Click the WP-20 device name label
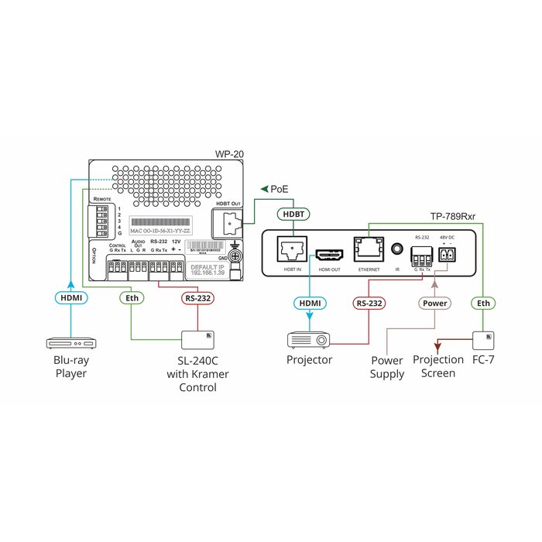230,154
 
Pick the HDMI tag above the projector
310,304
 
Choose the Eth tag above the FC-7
483,304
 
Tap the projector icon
310,340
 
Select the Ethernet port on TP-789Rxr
367,248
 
